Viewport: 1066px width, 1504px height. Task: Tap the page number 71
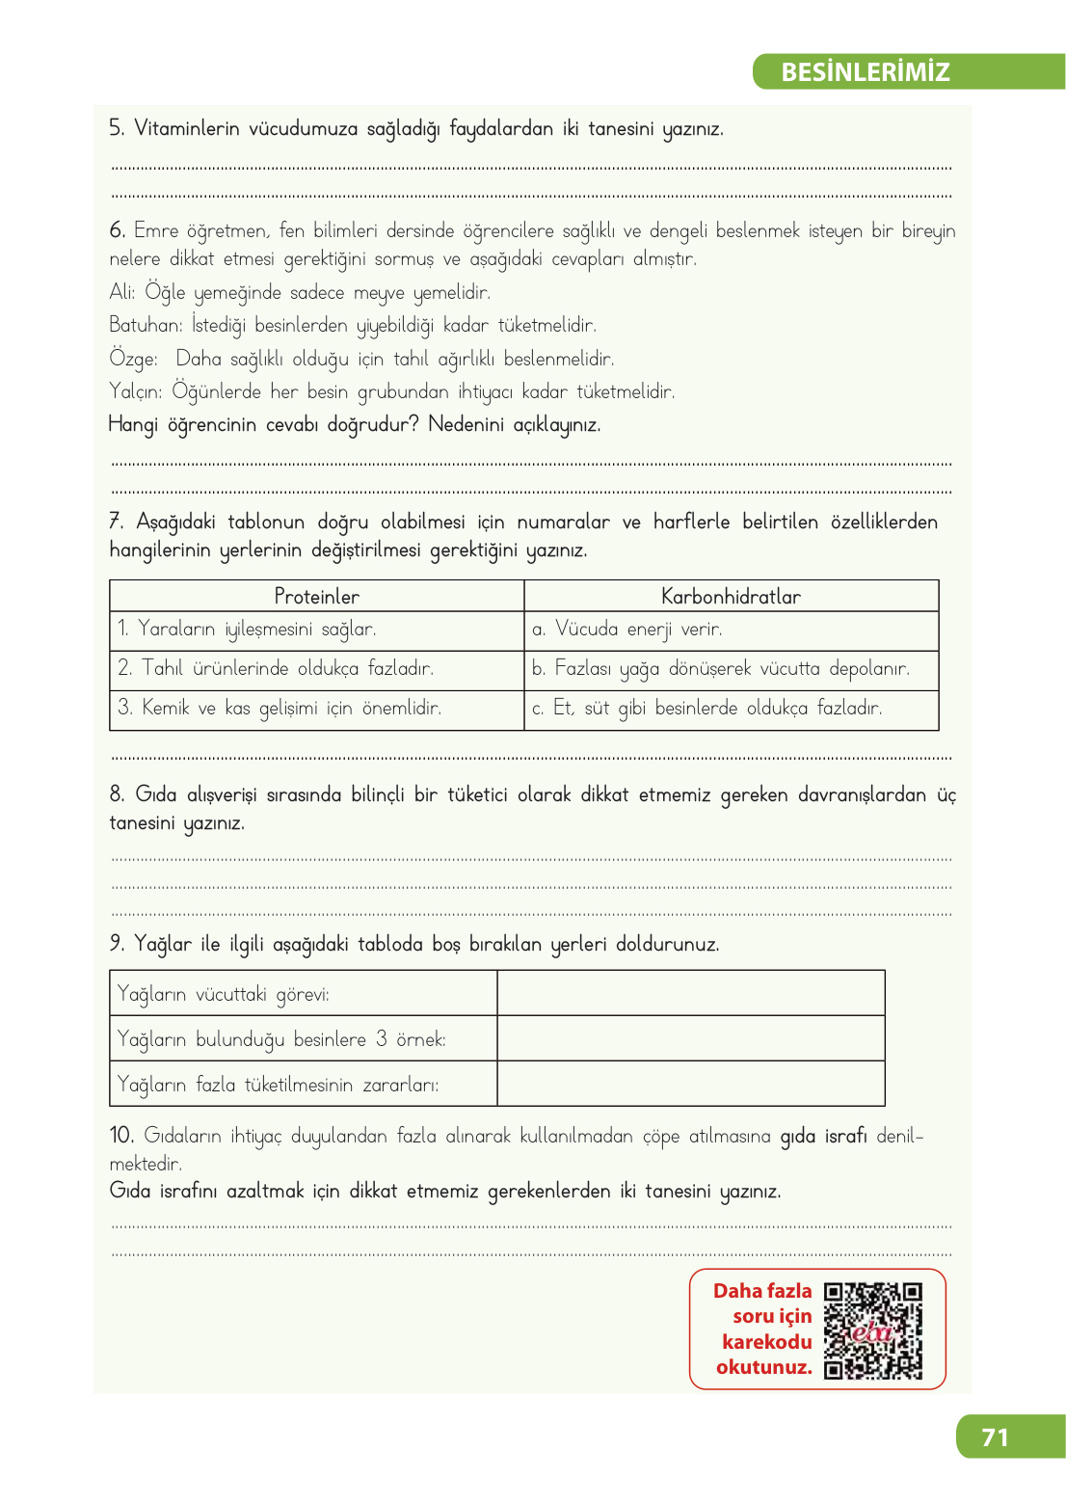[x=995, y=1437]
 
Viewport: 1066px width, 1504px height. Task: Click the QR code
[x=873, y=1330]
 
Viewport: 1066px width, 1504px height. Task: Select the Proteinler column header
[x=316, y=596]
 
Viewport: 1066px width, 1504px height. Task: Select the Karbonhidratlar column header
[x=731, y=596]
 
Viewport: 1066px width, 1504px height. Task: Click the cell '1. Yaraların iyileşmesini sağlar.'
[x=247, y=630]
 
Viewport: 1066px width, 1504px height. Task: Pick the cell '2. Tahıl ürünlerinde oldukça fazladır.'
[x=276, y=668]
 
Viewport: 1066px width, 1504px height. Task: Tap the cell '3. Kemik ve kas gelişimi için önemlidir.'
[x=280, y=708]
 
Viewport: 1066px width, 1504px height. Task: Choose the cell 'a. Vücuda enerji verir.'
[x=626, y=630]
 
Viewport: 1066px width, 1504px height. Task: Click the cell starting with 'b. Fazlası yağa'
[x=721, y=668]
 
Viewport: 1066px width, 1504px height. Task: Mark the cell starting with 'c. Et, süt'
[x=706, y=708]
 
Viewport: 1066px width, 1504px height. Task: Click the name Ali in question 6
[x=120, y=292]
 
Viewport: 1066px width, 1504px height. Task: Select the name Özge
[x=132, y=360]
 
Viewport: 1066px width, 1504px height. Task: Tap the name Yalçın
[x=136, y=391]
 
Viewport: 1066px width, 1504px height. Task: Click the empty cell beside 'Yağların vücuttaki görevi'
[x=690, y=993]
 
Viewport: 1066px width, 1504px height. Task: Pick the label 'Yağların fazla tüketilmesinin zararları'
[x=278, y=1085]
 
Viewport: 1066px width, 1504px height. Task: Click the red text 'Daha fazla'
[x=762, y=1291]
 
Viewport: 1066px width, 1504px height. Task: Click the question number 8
[x=117, y=794]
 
